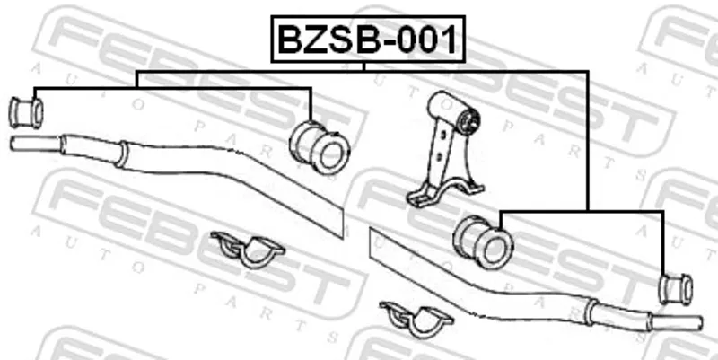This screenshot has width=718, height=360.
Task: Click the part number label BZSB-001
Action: [x=368, y=40]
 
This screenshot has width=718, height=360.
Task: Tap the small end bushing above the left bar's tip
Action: [x=26, y=112]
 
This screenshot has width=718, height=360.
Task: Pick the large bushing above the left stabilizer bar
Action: [x=320, y=147]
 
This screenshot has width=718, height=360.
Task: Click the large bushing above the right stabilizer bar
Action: [x=483, y=242]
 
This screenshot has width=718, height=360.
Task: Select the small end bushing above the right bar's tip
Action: [x=676, y=288]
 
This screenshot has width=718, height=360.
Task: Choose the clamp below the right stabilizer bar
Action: [x=416, y=319]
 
